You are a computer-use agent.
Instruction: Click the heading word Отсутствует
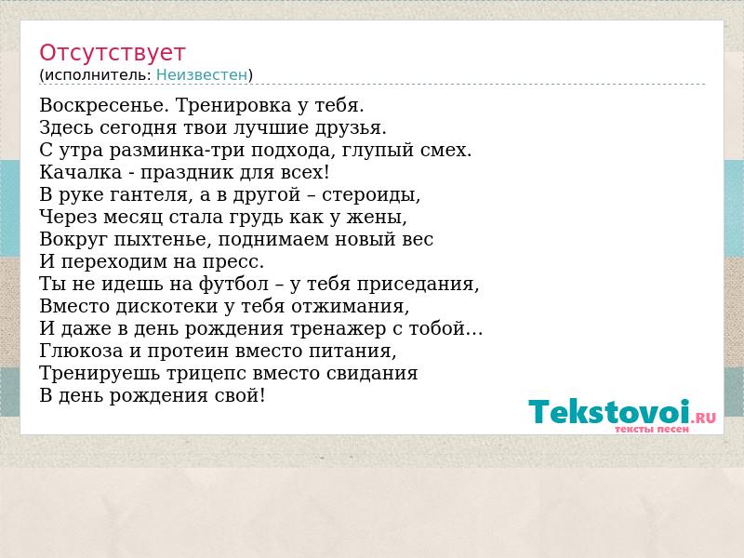(x=112, y=53)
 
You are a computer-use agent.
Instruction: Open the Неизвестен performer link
(x=202, y=75)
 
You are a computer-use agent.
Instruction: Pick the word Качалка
(x=81, y=172)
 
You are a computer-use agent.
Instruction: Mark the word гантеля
(x=149, y=195)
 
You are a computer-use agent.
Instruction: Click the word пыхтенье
(x=163, y=240)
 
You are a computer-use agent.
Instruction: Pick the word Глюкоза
(x=81, y=351)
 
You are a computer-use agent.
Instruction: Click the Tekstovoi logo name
(x=609, y=411)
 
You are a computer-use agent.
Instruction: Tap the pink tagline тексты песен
(x=652, y=430)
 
